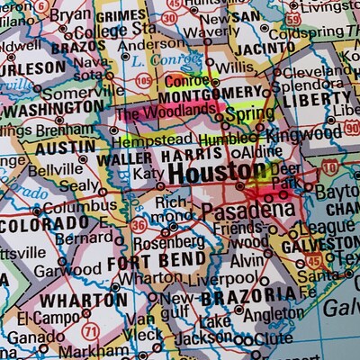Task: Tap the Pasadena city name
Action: tap(247, 211)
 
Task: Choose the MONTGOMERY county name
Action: tap(213, 94)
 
